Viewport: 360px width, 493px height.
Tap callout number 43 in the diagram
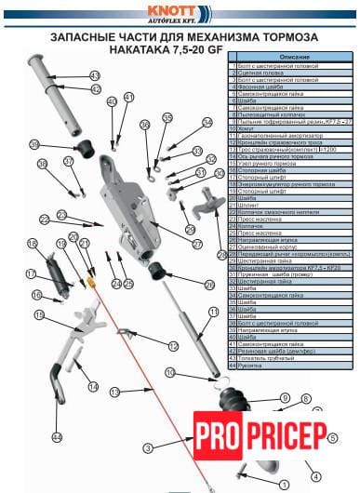pos(95,74)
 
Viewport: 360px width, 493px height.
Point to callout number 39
pos(33,144)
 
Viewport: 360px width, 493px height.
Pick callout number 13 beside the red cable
pos(116,393)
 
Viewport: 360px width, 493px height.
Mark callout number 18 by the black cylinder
pos(31,244)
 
